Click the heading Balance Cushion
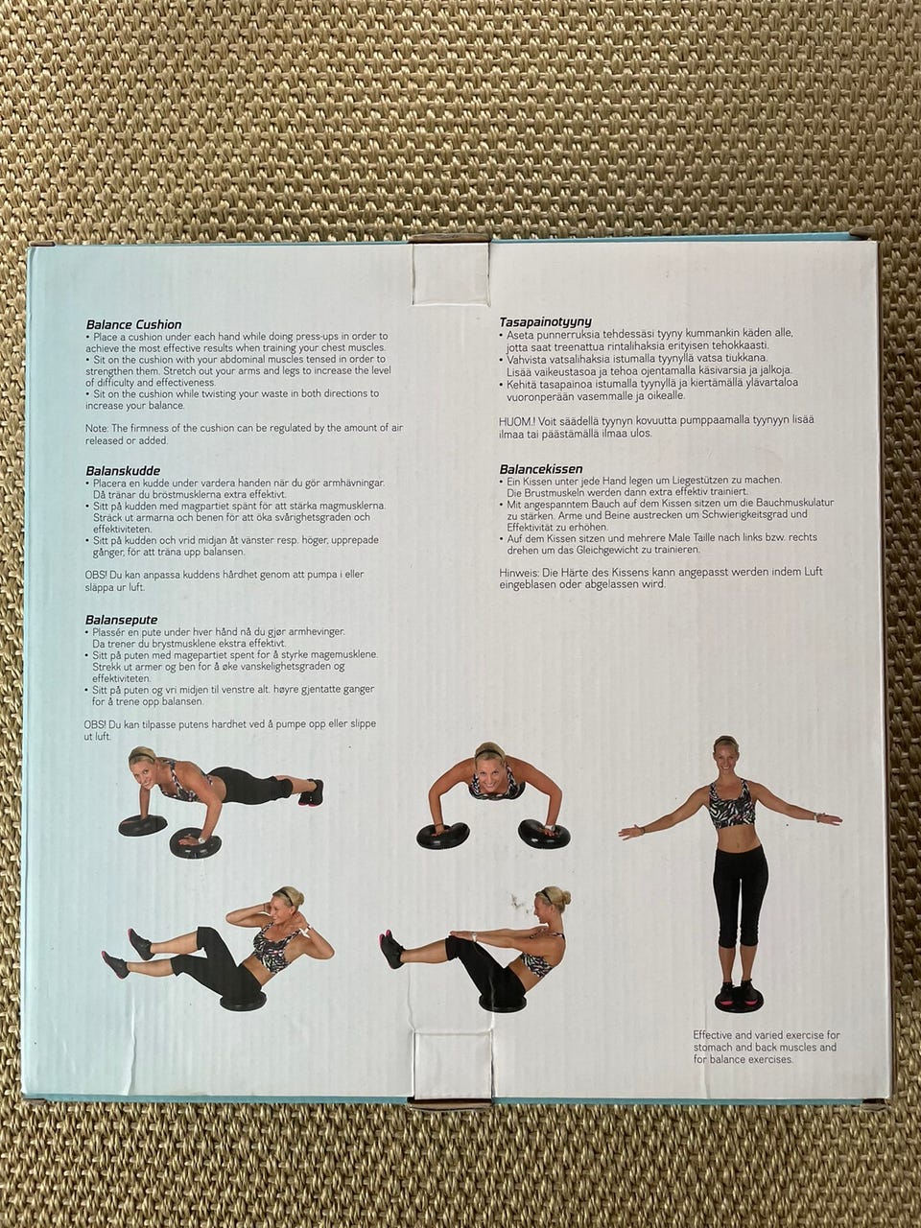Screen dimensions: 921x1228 point(133,324)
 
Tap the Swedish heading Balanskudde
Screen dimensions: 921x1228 point(123,471)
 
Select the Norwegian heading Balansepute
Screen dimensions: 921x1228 point(121,620)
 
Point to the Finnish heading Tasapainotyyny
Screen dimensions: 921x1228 point(545,322)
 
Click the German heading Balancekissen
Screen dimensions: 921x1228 point(541,469)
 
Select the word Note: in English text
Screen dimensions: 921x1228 point(97,429)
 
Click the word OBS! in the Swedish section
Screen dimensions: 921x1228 point(93,575)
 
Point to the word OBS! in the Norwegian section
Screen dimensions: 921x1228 point(93,724)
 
